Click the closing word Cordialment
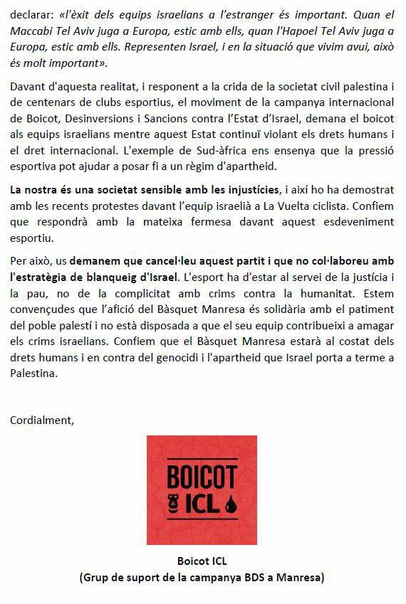pyautogui.click(x=41, y=420)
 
